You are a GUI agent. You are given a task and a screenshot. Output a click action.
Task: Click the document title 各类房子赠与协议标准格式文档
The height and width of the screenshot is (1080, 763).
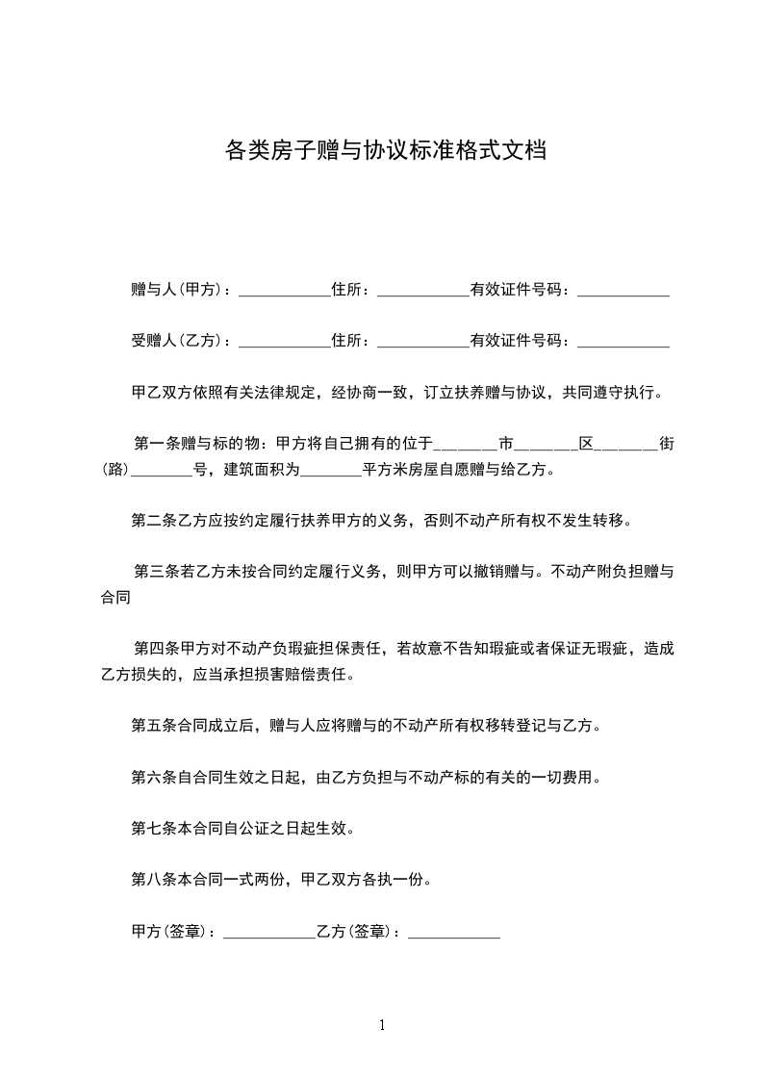click(385, 150)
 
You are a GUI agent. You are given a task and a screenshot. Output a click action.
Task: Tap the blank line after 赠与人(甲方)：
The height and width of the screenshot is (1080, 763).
click(284, 292)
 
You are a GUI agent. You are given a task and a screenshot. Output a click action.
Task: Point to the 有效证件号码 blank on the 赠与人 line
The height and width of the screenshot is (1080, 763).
click(623, 292)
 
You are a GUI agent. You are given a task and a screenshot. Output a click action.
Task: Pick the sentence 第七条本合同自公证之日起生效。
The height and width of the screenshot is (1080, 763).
click(247, 827)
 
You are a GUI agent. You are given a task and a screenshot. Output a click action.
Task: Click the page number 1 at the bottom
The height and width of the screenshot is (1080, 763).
click(382, 1025)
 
